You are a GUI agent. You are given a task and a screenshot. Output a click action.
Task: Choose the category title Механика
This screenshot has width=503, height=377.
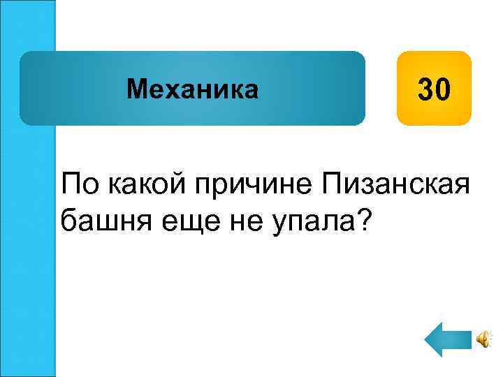tap(192, 89)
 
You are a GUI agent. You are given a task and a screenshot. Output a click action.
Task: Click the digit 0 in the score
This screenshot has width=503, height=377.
tap(444, 89)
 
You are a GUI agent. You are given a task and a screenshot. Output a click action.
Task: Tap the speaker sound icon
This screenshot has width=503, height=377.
tap(483, 339)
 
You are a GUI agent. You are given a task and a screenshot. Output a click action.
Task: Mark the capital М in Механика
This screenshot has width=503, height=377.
tap(135, 89)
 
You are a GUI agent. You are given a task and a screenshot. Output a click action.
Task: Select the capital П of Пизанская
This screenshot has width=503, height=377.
tap(329, 184)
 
